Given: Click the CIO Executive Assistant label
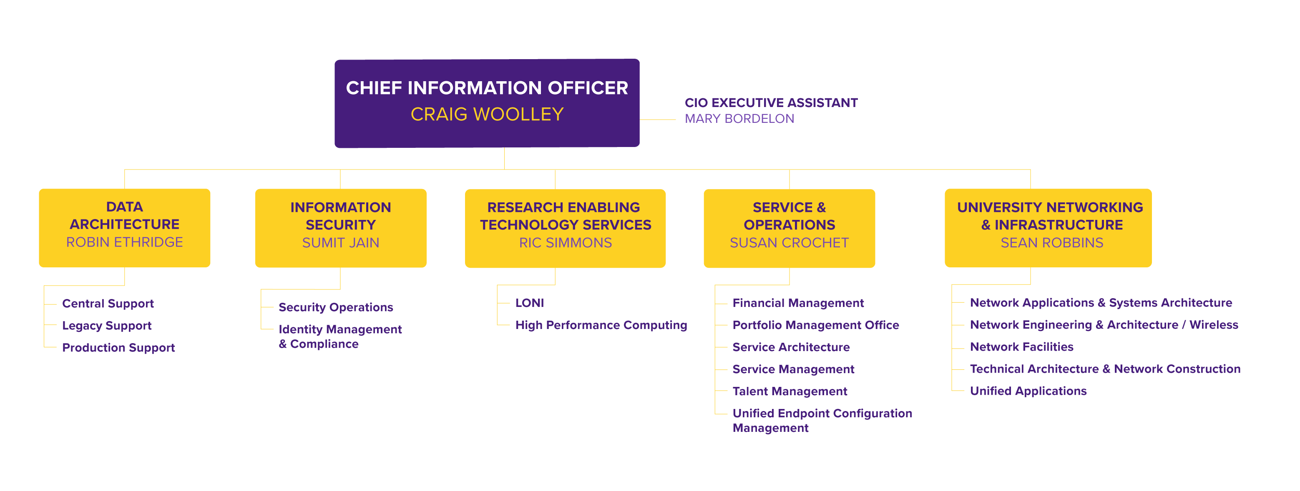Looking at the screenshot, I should click(771, 103).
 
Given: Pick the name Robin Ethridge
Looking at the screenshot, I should click(124, 242).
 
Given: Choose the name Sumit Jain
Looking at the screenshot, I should click(340, 243).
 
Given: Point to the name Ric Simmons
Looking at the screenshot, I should click(565, 243).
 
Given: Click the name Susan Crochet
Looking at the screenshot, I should click(789, 243).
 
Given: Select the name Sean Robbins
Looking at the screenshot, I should click(1052, 243).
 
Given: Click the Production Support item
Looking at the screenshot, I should click(118, 348).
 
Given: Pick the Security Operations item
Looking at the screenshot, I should click(336, 307).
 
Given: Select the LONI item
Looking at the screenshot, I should click(529, 303).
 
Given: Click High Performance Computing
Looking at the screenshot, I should click(601, 325).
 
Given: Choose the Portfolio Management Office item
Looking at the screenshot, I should click(815, 325).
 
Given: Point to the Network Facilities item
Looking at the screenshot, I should click(1021, 347).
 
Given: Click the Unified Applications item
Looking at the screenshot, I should click(1028, 391).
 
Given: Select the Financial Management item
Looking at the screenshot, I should click(798, 303).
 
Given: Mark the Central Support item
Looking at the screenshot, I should click(108, 304).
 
